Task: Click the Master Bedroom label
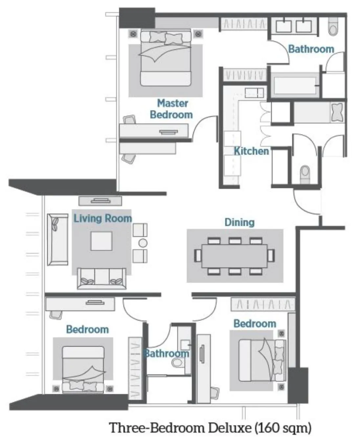click(x=171, y=109)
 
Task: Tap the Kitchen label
click(x=251, y=151)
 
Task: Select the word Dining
click(x=239, y=222)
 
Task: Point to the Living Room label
click(x=102, y=218)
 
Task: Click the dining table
click(x=235, y=256)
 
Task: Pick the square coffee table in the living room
click(x=101, y=241)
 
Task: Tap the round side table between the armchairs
click(x=143, y=243)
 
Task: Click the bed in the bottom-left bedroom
click(x=83, y=369)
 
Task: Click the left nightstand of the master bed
click(x=133, y=34)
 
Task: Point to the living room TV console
click(x=100, y=200)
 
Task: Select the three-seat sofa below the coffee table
click(x=101, y=278)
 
